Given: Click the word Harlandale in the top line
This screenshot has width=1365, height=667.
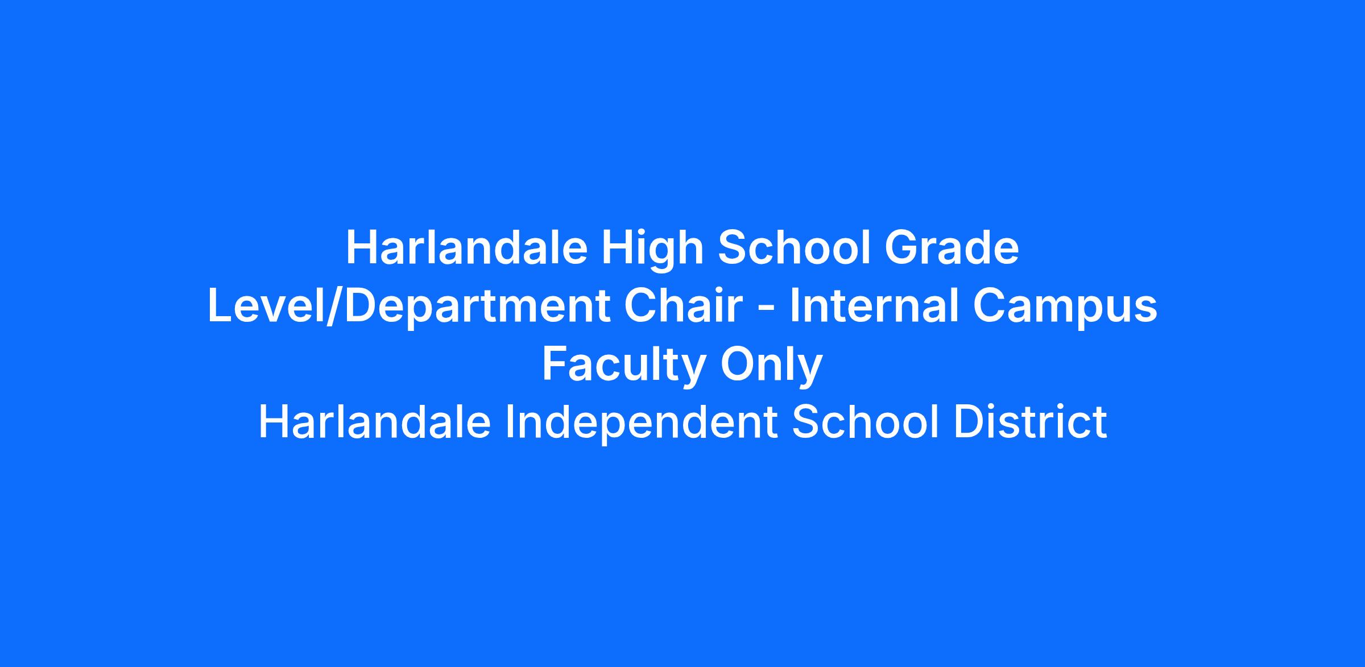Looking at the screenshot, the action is [x=466, y=248].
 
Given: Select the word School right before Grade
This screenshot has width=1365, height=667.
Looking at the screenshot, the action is [x=794, y=248].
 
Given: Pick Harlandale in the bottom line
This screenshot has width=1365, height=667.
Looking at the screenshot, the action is [x=375, y=422].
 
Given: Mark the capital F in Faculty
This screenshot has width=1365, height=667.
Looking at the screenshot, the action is [x=555, y=364].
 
